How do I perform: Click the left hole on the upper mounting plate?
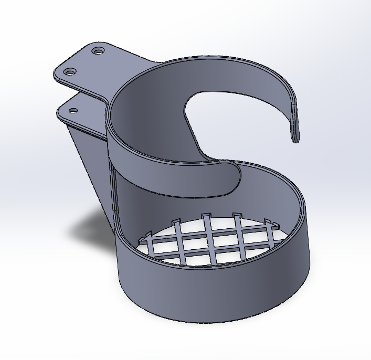click(x=69, y=71)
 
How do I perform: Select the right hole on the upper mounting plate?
click(x=97, y=51)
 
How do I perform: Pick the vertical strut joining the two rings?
click(x=114, y=199)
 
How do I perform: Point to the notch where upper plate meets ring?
click(x=108, y=99)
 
